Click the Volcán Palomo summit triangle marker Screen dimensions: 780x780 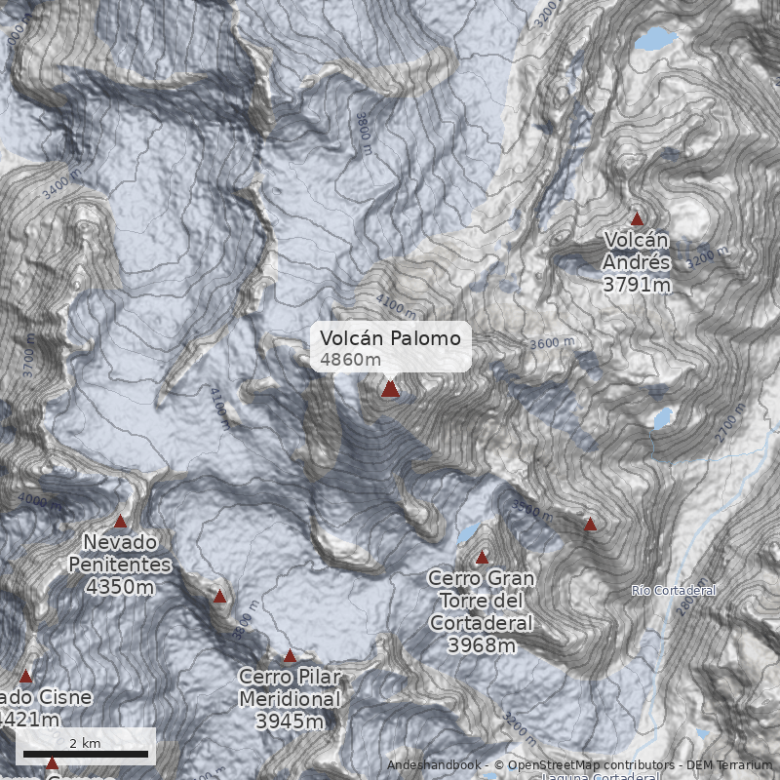(x=390, y=389)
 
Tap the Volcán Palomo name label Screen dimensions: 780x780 (x=390, y=338)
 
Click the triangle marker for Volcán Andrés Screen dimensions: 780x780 (x=638, y=219)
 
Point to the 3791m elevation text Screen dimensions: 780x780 (x=637, y=285)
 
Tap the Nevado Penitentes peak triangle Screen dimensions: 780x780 (x=121, y=522)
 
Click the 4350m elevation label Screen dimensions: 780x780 (x=120, y=587)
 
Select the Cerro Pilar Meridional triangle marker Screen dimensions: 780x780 (x=290, y=656)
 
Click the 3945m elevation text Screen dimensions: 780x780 (x=290, y=721)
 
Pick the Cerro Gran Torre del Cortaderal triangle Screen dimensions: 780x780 (x=482, y=558)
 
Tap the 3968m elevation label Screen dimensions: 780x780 (x=481, y=644)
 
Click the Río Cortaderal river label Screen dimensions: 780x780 (x=674, y=591)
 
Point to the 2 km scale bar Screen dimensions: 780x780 (x=85, y=753)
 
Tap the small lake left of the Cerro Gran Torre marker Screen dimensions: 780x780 (x=468, y=532)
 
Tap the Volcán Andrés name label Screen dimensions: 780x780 (x=637, y=251)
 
